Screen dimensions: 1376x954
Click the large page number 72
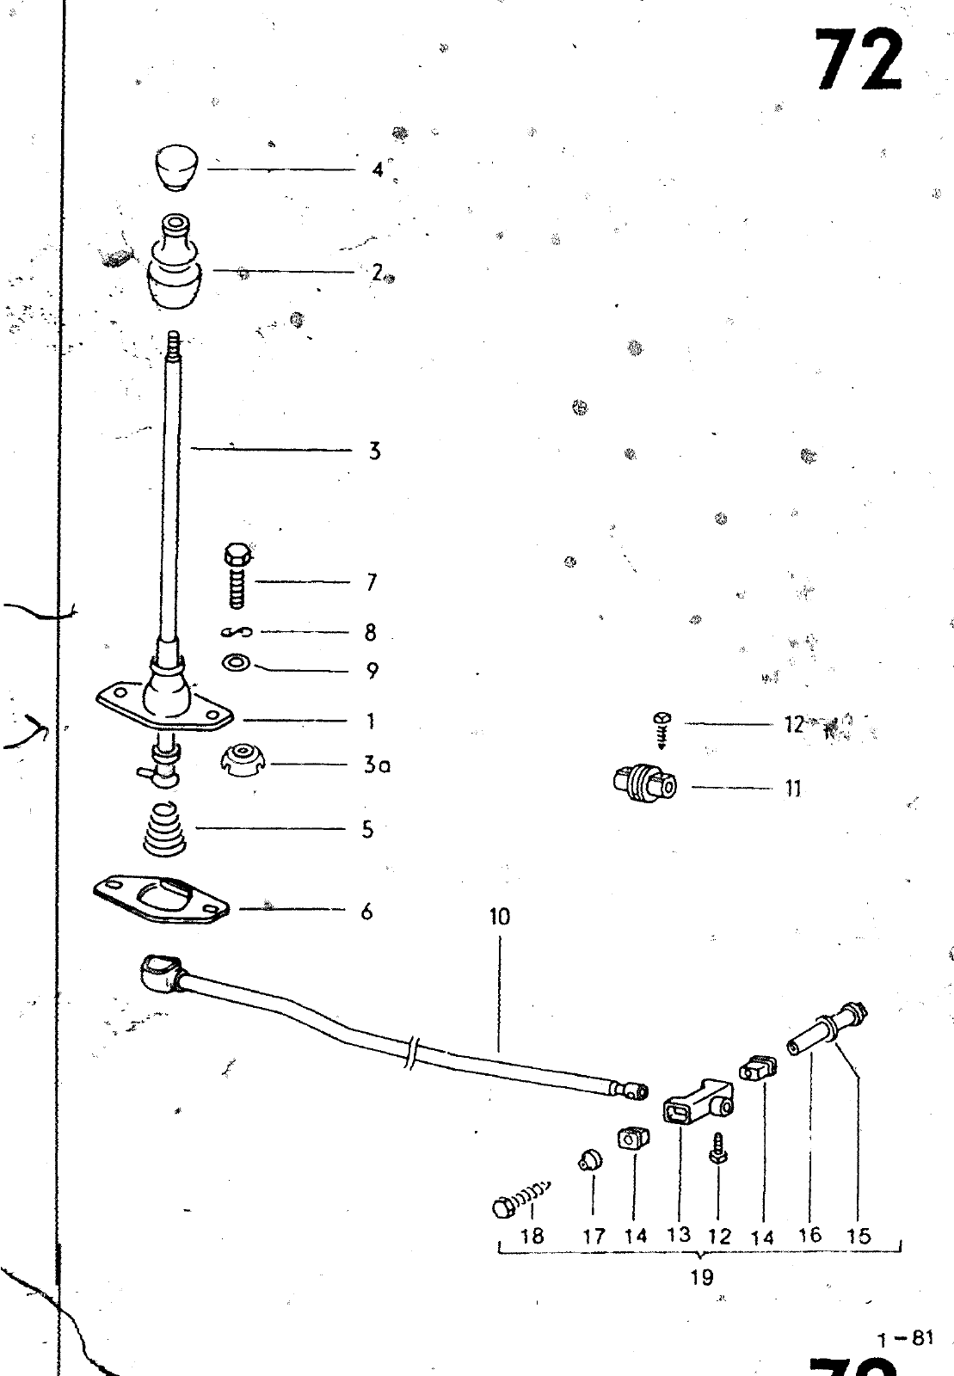tap(859, 60)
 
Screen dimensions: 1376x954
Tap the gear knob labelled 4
tap(176, 169)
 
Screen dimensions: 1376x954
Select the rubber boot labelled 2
tap(175, 272)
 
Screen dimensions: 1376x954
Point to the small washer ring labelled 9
tap(237, 664)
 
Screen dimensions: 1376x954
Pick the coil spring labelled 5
tap(168, 829)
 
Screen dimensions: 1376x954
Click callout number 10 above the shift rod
tap(500, 917)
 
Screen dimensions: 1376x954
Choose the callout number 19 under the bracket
tap(702, 1277)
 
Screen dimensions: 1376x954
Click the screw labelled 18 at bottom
tap(520, 1196)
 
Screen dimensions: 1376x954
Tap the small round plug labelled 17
tap(590, 1162)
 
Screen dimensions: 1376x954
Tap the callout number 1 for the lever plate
tap(371, 721)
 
